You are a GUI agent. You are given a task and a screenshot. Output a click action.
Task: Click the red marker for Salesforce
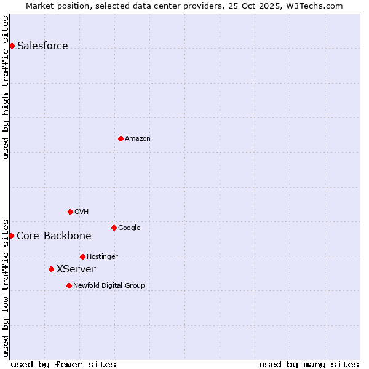(x=12, y=46)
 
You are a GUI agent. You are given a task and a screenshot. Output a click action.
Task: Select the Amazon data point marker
(x=121, y=138)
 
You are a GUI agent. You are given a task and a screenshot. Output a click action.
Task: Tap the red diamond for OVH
(x=70, y=212)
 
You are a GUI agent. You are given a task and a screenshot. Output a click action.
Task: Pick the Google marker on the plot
(x=114, y=228)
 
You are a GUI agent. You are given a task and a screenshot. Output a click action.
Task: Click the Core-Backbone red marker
(x=11, y=236)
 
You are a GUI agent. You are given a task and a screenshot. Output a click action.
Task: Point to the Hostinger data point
(x=82, y=256)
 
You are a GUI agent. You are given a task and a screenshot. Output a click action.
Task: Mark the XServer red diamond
(x=51, y=269)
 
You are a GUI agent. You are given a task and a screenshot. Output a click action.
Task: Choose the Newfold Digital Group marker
(x=69, y=285)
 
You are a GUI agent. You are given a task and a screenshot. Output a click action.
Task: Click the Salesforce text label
(x=42, y=46)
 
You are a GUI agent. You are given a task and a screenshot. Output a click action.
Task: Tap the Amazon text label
(x=138, y=139)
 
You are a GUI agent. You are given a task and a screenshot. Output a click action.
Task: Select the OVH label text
(x=82, y=212)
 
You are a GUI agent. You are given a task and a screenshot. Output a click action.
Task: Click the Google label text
(x=129, y=228)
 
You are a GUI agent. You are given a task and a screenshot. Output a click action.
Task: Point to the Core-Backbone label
(x=54, y=236)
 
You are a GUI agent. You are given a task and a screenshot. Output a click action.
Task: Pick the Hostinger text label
(x=102, y=257)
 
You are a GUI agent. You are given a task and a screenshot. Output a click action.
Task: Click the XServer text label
(x=76, y=269)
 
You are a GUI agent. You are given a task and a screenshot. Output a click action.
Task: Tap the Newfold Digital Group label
(x=109, y=286)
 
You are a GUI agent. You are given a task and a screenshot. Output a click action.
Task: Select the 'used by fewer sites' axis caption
(x=63, y=364)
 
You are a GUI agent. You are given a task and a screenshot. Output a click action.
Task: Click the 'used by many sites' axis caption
(x=309, y=364)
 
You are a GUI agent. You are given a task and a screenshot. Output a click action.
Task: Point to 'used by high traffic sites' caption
(x=6, y=87)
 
